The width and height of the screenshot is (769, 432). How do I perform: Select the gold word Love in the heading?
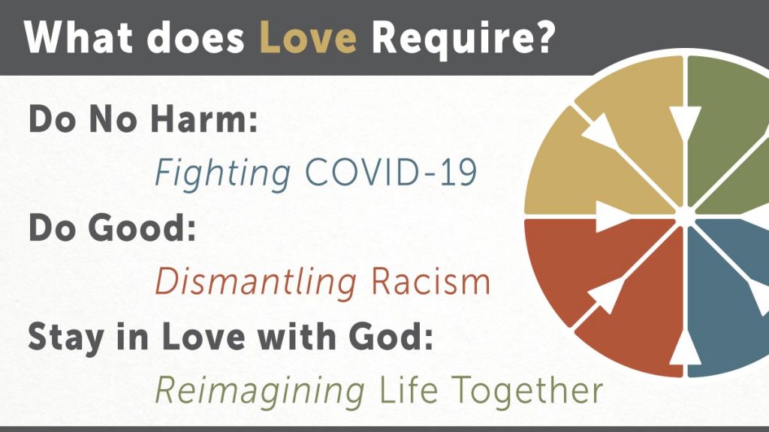pos(307,37)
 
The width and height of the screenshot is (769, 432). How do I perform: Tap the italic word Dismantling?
pos(256,283)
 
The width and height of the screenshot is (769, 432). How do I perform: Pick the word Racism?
pos(430,282)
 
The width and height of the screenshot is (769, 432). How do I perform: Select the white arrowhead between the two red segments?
pos(605,296)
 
